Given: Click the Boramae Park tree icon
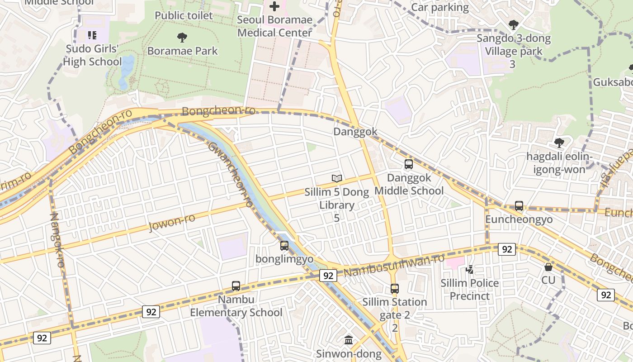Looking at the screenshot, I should pyautogui.click(x=182, y=38).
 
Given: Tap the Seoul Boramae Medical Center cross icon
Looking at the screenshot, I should pyautogui.click(x=274, y=6).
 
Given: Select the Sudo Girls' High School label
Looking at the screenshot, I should pyautogui.click(x=92, y=55).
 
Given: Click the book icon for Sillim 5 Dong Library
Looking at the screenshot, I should pyautogui.click(x=336, y=178).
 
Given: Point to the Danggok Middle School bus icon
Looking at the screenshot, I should pyautogui.click(x=409, y=164).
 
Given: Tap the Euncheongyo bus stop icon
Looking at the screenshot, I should pyautogui.click(x=519, y=206).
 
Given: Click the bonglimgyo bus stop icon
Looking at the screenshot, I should pyautogui.click(x=284, y=246).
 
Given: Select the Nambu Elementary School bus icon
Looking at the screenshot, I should pyautogui.click(x=236, y=286).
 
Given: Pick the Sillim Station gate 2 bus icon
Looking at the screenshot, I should pyautogui.click(x=395, y=288).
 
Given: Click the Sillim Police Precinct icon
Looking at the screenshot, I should pyautogui.click(x=470, y=270).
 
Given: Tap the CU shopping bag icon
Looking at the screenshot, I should pyautogui.click(x=548, y=267).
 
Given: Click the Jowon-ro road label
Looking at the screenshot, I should pyautogui.click(x=172, y=222).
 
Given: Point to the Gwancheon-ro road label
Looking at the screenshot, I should pyautogui.click(x=231, y=174).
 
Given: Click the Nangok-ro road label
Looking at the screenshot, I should pyautogui.click(x=57, y=240).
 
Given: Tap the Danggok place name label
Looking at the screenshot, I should pyautogui.click(x=355, y=132).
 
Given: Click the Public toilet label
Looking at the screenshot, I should pyautogui.click(x=184, y=15).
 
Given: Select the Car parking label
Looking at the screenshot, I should pyautogui.click(x=440, y=7).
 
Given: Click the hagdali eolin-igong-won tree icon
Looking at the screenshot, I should pyautogui.click(x=559, y=143).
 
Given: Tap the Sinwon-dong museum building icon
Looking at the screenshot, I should pyautogui.click(x=349, y=340).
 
